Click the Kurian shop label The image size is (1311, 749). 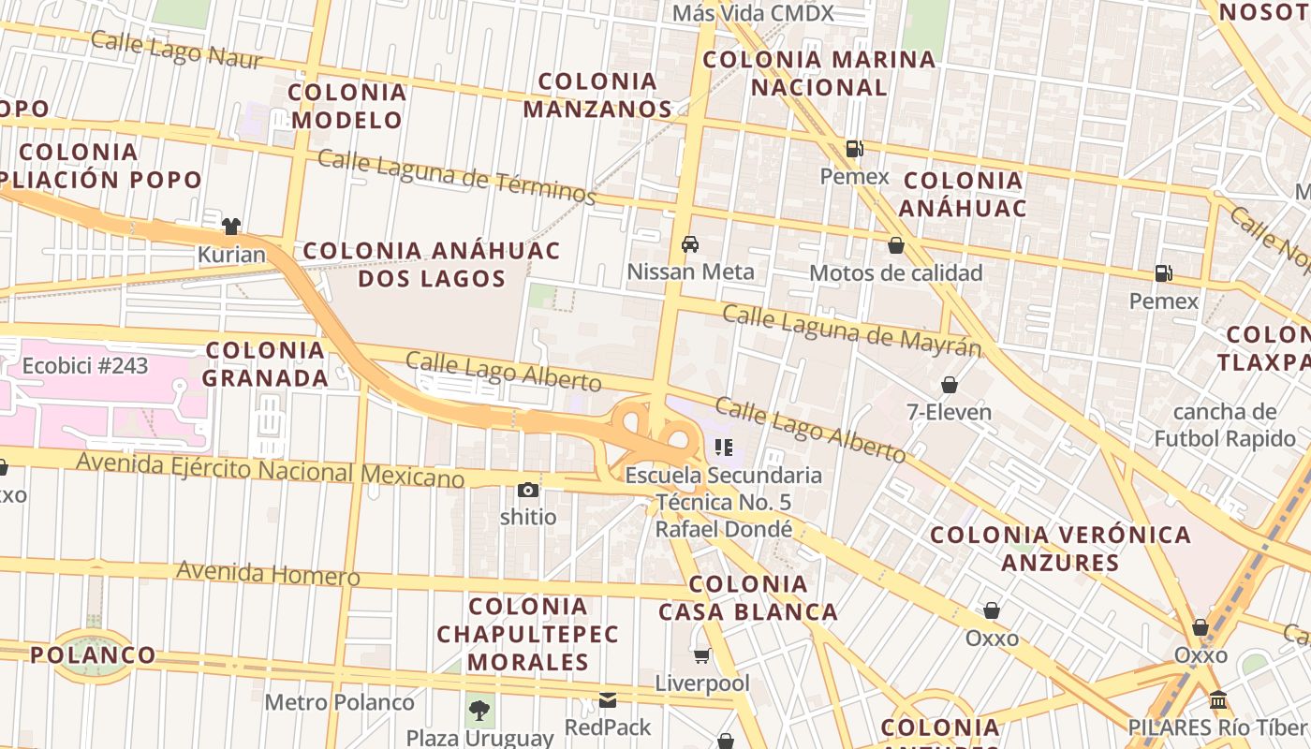[x=231, y=254]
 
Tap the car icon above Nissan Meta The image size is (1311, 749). [x=690, y=244]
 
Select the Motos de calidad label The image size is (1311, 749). [x=895, y=272]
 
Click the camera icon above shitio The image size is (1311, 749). [x=528, y=490]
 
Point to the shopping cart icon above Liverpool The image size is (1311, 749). [x=701, y=655]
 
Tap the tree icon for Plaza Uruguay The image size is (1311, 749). [x=479, y=710]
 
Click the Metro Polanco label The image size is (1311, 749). [x=339, y=702]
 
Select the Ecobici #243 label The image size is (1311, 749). [x=85, y=365]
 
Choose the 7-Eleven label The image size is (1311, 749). [x=949, y=411]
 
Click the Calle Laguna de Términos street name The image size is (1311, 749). [x=456, y=176]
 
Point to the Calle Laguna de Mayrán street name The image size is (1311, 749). [x=851, y=330]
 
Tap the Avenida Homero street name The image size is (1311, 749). [x=268, y=572]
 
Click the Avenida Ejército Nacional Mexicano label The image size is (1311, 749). [x=270, y=468]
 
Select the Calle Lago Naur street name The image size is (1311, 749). [x=176, y=50]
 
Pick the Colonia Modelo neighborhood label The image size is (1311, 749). [x=347, y=106]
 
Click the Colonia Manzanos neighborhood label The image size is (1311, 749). [x=597, y=95]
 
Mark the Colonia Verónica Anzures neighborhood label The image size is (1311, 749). [x=1060, y=549]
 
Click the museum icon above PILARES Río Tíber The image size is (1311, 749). [x=1218, y=700]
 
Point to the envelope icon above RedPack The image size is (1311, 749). [x=608, y=700]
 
